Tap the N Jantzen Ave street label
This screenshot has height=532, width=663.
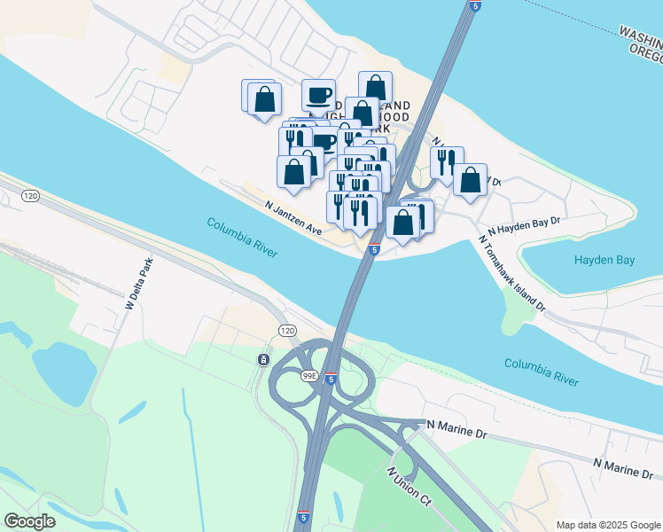pyautogui.click(x=293, y=216)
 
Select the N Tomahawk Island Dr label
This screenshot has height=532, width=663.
pyautogui.click(x=513, y=273)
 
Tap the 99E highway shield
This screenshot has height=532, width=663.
pyautogui.click(x=309, y=376)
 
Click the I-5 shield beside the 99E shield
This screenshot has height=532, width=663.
pyautogui.click(x=331, y=379)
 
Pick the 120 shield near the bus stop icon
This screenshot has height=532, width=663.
pyautogui.click(x=285, y=330)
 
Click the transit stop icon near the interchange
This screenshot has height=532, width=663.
pyautogui.click(x=263, y=359)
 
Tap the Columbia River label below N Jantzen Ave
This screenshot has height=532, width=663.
pyautogui.click(x=243, y=238)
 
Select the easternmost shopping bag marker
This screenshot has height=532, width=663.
pyautogui.click(x=470, y=179)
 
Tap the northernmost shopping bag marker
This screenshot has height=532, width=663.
pyautogui.click(x=375, y=87)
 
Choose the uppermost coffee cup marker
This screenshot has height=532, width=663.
pyautogui.click(x=318, y=94)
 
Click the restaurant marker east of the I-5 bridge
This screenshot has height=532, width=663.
pyautogui.click(x=447, y=162)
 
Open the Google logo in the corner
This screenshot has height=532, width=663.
pyautogui.click(x=29, y=521)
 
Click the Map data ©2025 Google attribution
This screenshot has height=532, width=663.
pyautogui.click(x=607, y=525)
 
